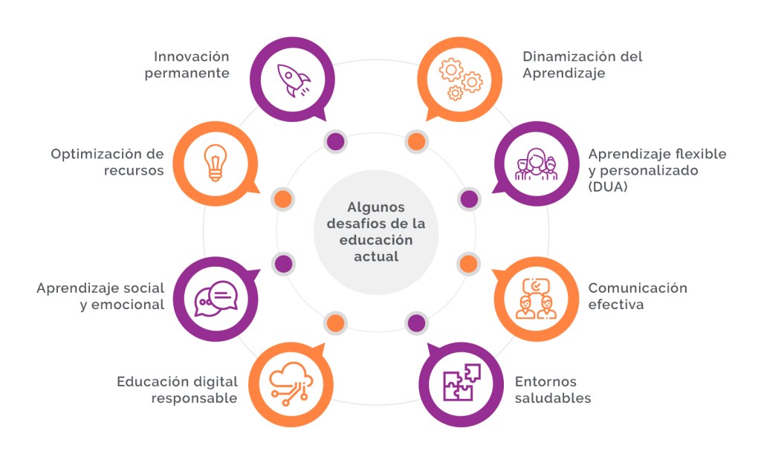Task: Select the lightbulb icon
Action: coord(215,162)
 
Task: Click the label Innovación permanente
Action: coord(192,65)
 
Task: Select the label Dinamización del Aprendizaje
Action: coord(582,65)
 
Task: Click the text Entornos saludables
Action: coord(553,389)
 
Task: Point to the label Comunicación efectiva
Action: coord(638,296)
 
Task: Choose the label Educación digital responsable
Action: coord(177,389)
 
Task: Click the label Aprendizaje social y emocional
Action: coord(100,296)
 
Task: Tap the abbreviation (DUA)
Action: coord(609,187)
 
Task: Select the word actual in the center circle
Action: coord(377,256)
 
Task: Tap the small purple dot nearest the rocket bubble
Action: coord(335,141)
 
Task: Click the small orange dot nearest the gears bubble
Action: coord(416,141)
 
